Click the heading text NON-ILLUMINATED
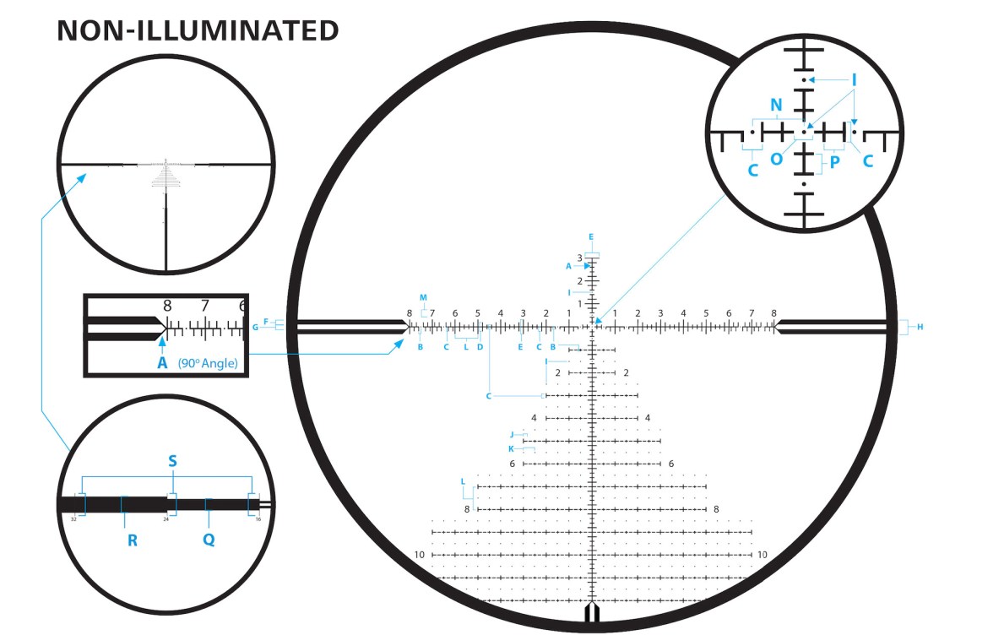pos(198,31)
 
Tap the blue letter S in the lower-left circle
pos(173,462)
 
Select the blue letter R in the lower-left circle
pos(133,540)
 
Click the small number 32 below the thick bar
pos(73,519)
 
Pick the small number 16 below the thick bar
pos(258,519)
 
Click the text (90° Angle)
pos(207,363)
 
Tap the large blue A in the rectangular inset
pos(162,363)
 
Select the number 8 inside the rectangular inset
pos(167,306)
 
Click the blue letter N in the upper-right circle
pos(776,105)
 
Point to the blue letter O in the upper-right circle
pos(776,158)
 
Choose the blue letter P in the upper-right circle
pos(834,161)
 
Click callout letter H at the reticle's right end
pos(920,327)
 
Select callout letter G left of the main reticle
pos(255,328)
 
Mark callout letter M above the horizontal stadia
pos(424,297)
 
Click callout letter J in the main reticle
pos(512,434)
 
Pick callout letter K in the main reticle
pos(511,448)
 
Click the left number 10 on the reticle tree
pos(420,555)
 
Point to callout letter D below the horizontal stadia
pos(479,346)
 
